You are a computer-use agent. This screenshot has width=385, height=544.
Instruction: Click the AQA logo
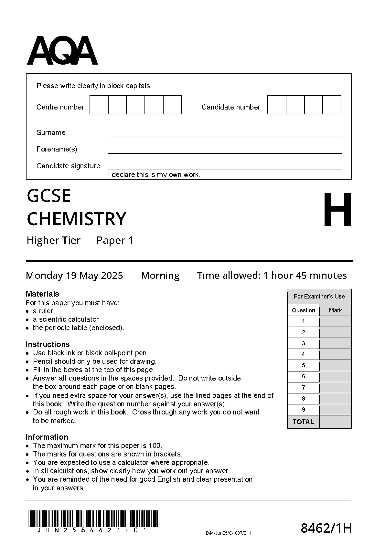pos(62,51)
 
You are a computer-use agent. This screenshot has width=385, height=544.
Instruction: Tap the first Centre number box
pos(99,105)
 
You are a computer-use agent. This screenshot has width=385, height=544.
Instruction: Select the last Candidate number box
pos(332,105)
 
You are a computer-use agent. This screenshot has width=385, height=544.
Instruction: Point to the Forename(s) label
pos(57,149)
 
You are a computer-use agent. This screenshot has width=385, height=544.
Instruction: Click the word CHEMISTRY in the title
pos(76,219)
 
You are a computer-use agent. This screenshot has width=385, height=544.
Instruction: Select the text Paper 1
pos(115,240)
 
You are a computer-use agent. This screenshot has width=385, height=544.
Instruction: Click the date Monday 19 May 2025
pos(74,276)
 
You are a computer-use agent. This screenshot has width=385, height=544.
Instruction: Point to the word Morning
pos(160,276)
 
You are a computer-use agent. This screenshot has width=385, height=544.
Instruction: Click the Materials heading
pos(42,294)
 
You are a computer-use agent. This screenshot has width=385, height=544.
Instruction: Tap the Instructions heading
pos(48,344)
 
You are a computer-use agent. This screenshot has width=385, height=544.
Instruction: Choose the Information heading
pos(47,437)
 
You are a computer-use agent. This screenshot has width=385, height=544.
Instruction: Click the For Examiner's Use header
pos(319,297)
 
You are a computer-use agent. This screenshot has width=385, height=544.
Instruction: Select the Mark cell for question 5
pos(335,365)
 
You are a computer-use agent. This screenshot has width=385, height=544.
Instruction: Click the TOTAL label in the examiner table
pos(303,422)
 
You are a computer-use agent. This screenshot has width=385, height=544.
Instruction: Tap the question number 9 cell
pos(303,410)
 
